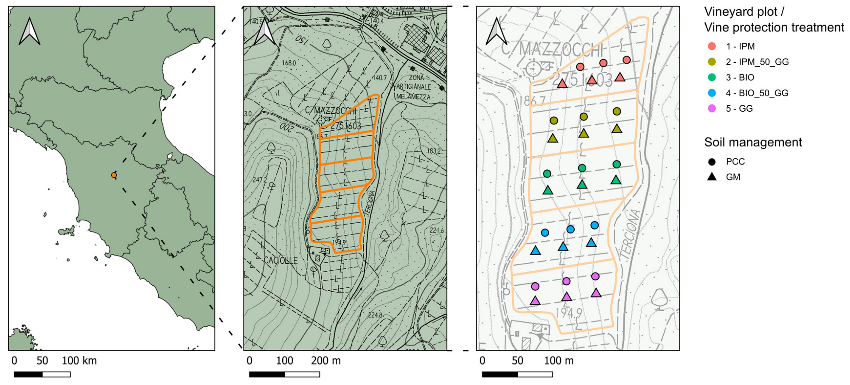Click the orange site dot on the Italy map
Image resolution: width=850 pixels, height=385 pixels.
[114, 175]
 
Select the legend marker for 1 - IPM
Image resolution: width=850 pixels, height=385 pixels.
[712, 46]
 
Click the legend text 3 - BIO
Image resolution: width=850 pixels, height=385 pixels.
[740, 77]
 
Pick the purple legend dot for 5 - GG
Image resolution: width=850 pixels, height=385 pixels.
[712, 108]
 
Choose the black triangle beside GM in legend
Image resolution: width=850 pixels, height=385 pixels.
[712, 177]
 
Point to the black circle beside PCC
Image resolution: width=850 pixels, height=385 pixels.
[712, 161]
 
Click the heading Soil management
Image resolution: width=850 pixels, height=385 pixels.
[753, 142]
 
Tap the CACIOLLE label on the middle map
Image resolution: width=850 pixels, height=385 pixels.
[281, 260]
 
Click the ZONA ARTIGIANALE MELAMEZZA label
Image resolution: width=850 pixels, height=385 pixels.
[414, 87]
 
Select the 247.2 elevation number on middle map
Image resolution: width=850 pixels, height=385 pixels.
[260, 180]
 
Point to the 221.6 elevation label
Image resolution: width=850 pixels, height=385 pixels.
[436, 230]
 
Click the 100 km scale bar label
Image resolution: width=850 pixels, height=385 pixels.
[79, 361]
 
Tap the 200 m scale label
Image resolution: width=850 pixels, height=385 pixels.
[326, 361]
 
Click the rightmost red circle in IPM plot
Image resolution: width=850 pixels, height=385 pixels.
[626, 60]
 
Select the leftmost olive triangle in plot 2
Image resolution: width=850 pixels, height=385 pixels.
[553, 138]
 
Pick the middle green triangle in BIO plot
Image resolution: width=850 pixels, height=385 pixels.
[582, 185]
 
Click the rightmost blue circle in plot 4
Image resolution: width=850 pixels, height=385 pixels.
[595, 225]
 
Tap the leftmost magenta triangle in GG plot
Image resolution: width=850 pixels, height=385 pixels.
[535, 301]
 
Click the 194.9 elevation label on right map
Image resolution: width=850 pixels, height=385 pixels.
[569, 313]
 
